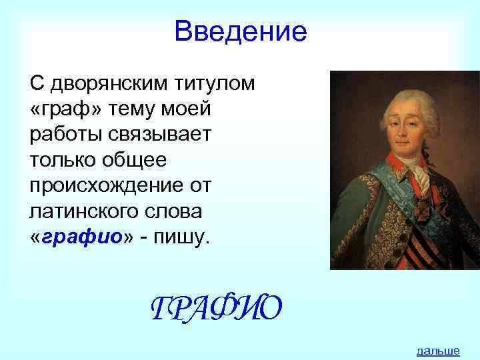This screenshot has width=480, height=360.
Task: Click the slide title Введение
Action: tap(240, 31)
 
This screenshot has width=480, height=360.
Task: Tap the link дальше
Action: tap(437, 351)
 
